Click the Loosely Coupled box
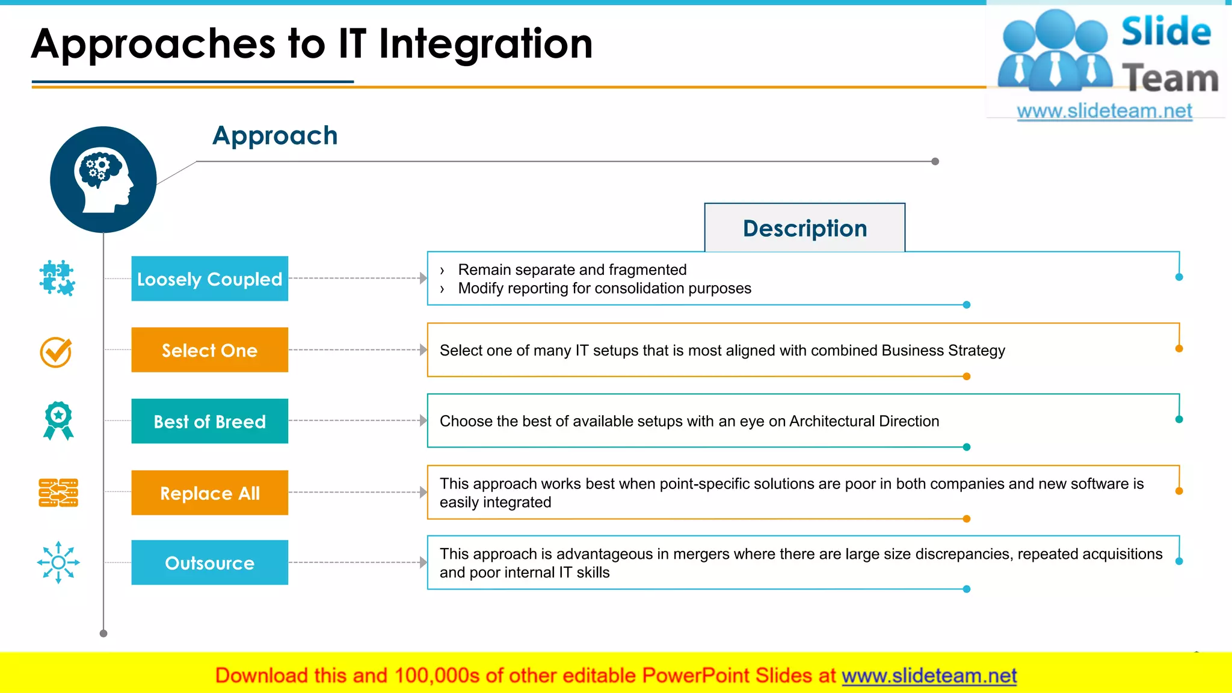(x=209, y=279)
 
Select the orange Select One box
(x=209, y=350)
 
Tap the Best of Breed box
(x=209, y=421)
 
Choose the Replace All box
(x=209, y=493)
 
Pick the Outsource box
(x=209, y=562)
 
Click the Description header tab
(x=804, y=228)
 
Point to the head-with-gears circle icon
(x=103, y=179)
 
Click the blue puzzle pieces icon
(x=57, y=278)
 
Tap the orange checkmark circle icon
(x=56, y=352)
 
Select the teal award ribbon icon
(x=58, y=420)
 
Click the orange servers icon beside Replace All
(x=58, y=493)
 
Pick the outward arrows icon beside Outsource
(x=58, y=562)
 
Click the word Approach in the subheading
(x=275, y=135)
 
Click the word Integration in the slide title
(x=485, y=44)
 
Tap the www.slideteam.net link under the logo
(x=1104, y=111)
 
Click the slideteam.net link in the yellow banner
(x=929, y=676)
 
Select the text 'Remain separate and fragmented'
(x=572, y=269)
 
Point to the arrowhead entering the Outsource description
(x=423, y=562)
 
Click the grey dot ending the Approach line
(x=935, y=161)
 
